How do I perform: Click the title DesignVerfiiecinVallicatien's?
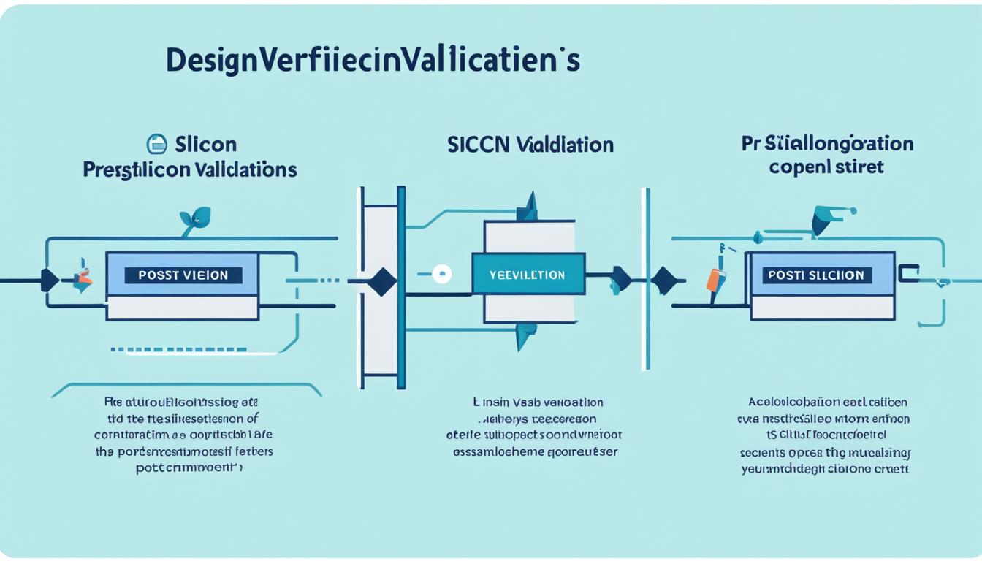click(x=373, y=61)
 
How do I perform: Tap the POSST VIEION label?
click(x=182, y=275)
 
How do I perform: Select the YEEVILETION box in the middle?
click(x=528, y=275)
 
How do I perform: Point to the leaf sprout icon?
click(x=195, y=218)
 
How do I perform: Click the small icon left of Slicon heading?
click(x=156, y=143)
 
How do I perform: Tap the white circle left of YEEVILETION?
click(x=441, y=275)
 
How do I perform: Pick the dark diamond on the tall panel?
click(x=381, y=281)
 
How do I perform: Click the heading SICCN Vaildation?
click(x=530, y=144)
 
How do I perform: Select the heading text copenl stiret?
click(x=826, y=167)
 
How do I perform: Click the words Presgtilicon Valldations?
click(x=190, y=170)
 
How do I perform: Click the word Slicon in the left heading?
click(x=206, y=144)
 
